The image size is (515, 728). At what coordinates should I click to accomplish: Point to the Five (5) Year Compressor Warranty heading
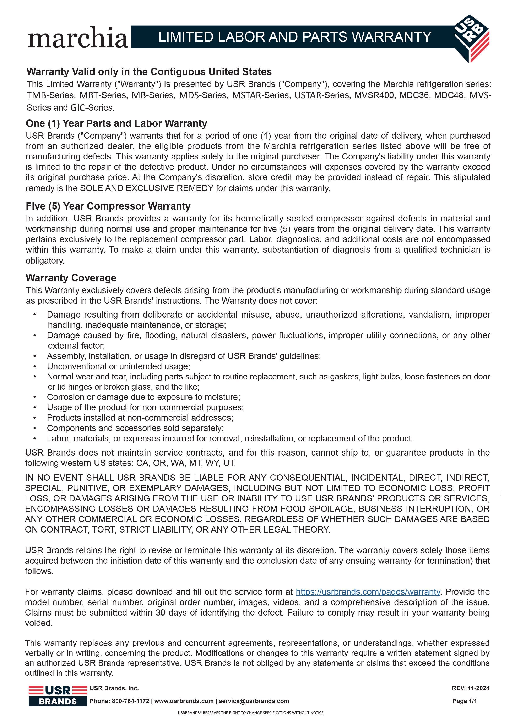[108, 206]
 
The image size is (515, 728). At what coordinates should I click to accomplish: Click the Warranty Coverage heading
[71, 278]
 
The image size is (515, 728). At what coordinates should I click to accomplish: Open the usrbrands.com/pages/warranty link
[368, 592]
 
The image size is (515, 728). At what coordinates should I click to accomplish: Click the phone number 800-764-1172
[130, 701]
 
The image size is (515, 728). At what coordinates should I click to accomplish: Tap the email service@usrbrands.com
[254, 701]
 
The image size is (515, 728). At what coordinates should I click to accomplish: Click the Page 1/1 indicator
[465, 701]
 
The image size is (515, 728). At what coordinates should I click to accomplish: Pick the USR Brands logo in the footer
[58, 696]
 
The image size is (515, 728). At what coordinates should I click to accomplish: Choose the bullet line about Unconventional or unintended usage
[118, 366]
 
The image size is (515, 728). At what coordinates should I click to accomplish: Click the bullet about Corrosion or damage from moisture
[143, 397]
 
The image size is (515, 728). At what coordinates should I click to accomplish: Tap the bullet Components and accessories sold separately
[135, 428]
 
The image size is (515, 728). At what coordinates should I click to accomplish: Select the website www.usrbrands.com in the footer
[184, 701]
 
